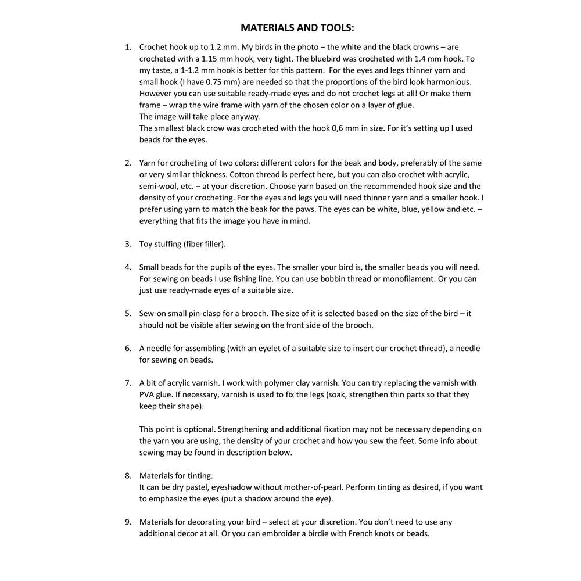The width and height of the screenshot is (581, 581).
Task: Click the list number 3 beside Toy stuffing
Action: [128, 244]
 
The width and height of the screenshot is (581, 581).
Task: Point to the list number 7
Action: [128, 383]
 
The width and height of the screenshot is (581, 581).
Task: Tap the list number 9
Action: [128, 522]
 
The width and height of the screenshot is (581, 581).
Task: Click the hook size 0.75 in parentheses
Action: [217, 82]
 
